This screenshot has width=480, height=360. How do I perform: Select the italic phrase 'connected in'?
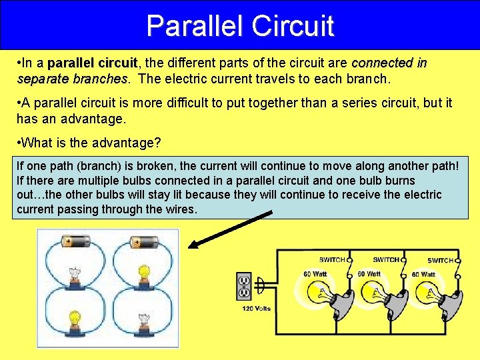pyautogui.click(x=389, y=63)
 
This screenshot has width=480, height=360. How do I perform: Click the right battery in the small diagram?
pyautogui.click(x=143, y=242)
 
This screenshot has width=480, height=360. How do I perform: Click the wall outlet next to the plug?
pyautogui.click(x=243, y=286)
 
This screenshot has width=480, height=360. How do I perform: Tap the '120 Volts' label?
pyautogui.click(x=257, y=309)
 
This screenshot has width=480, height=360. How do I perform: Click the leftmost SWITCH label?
pyautogui.click(x=331, y=260)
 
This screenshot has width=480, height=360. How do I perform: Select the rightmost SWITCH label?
pyautogui.click(x=440, y=261)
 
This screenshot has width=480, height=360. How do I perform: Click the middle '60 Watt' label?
pyautogui.click(x=369, y=274)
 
